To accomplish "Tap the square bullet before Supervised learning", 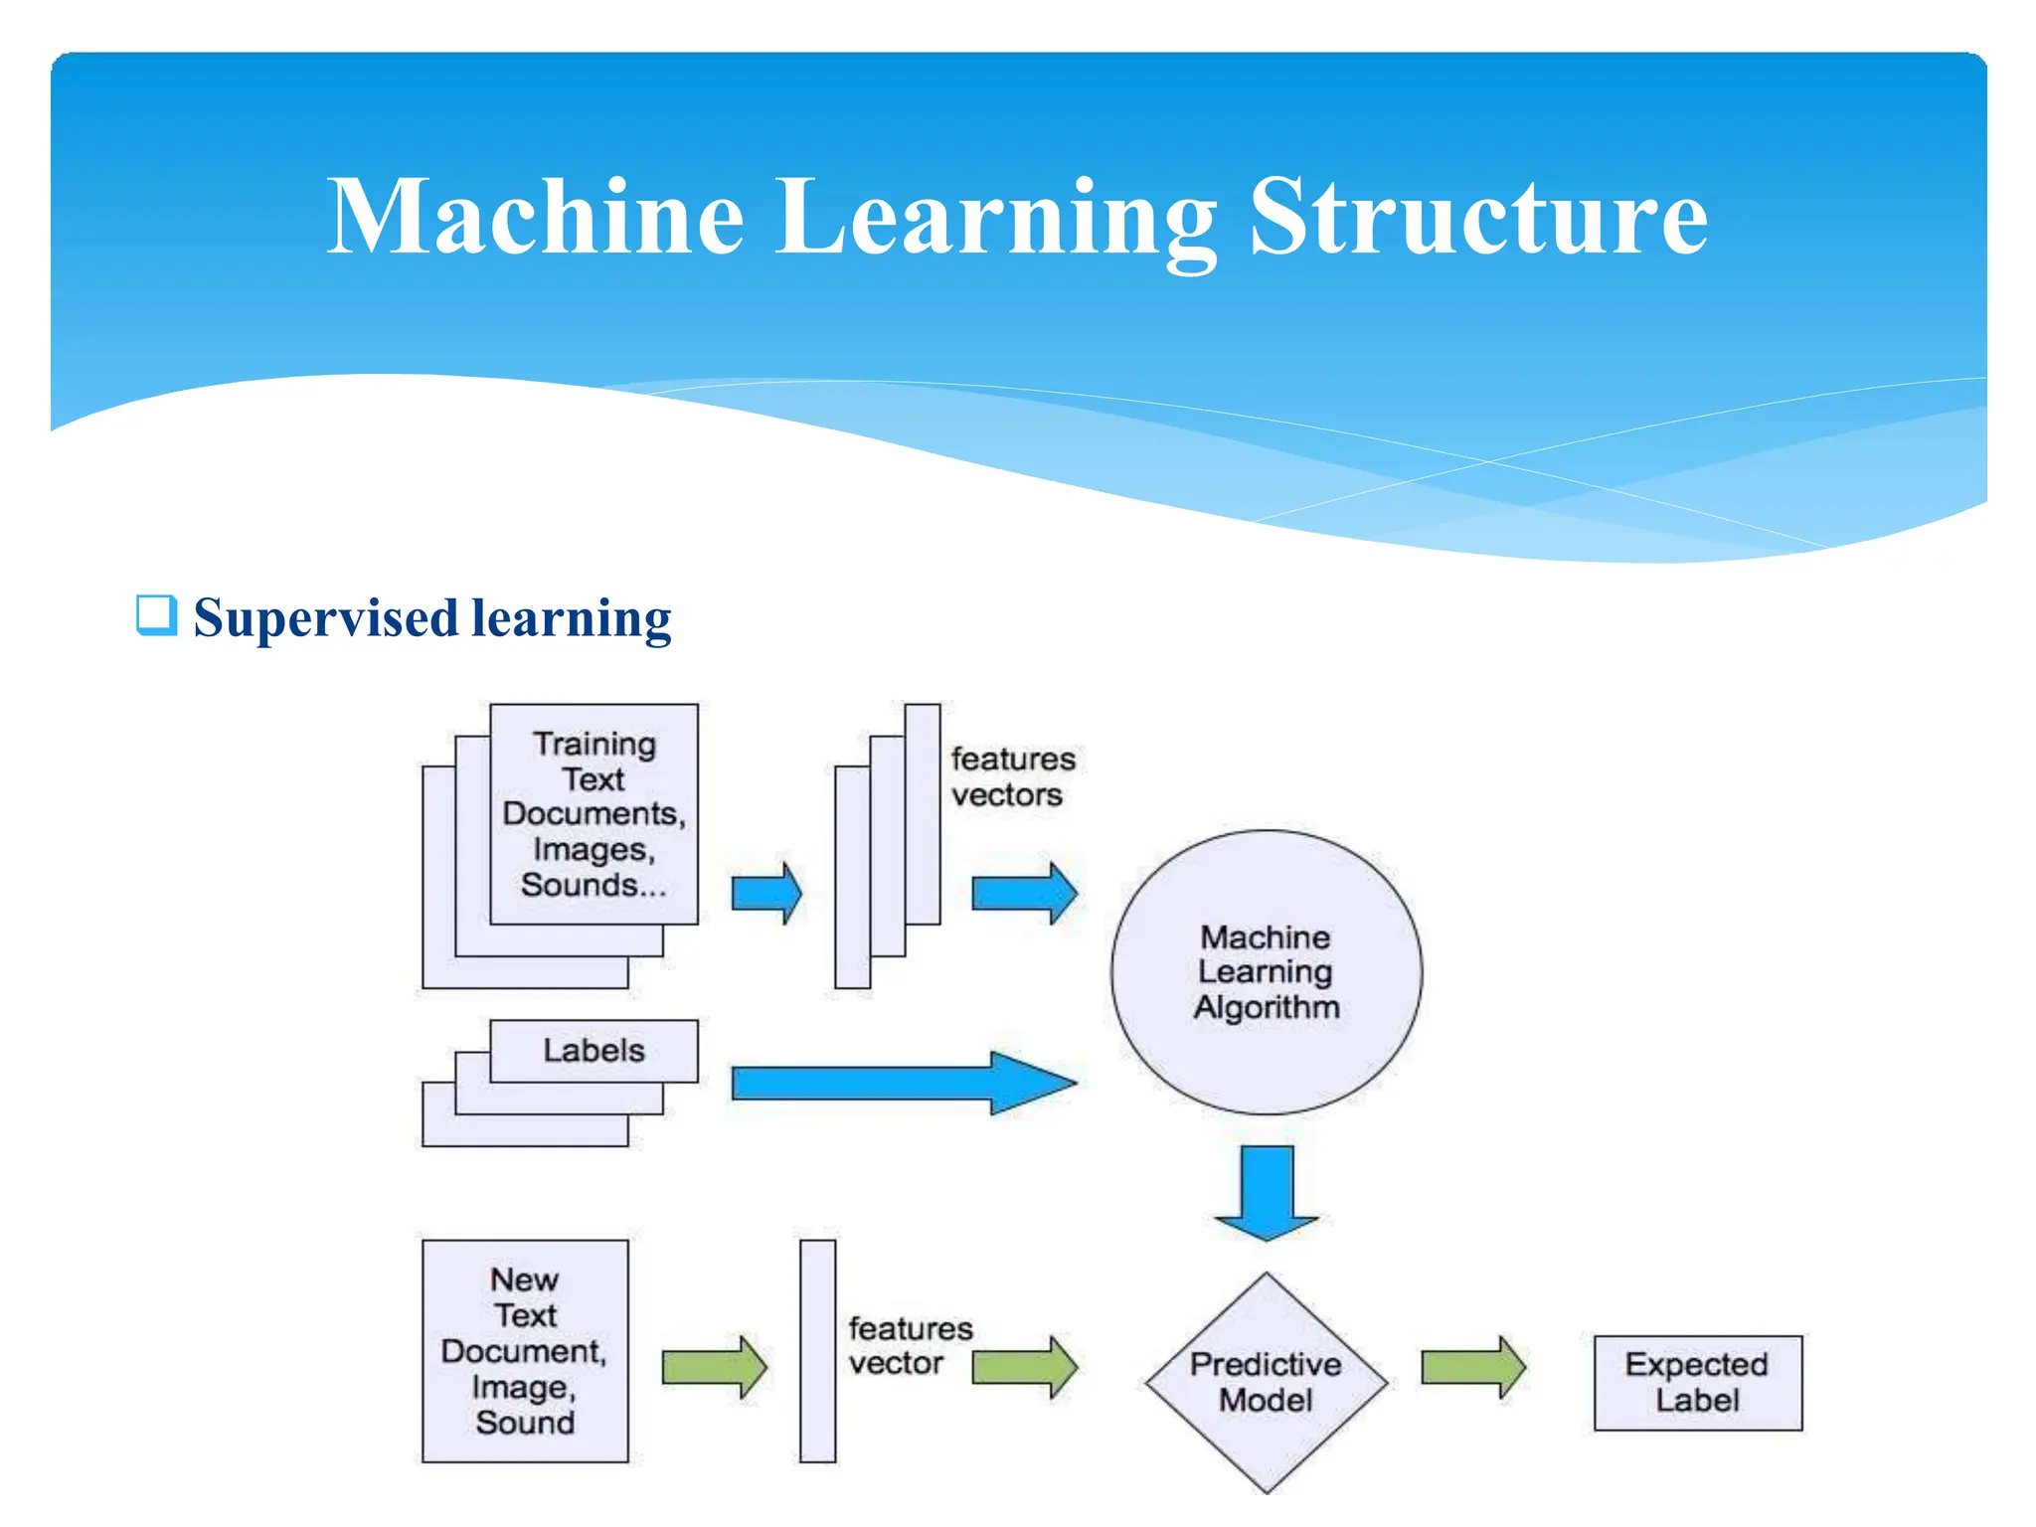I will click(156, 615).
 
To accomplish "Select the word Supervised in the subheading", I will click(324, 618).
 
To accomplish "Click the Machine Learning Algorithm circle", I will click(1266, 971).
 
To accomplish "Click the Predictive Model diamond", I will click(1266, 1382).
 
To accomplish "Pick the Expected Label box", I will click(1697, 1382).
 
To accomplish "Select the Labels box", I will click(594, 1050).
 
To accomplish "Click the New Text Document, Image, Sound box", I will click(525, 1350).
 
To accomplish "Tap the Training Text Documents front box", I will click(594, 813).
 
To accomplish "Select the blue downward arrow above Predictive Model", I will click(1266, 1190).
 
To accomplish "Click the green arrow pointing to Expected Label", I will click(1472, 1367).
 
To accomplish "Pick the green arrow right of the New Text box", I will click(713, 1367).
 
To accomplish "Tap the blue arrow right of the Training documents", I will click(765, 893).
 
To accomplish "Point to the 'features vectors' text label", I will click(1012, 776).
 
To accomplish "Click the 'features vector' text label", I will click(909, 1345).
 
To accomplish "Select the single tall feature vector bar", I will click(817, 1350).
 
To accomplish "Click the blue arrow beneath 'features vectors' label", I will click(1023, 893).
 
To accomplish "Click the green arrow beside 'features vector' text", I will click(1023, 1367).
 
